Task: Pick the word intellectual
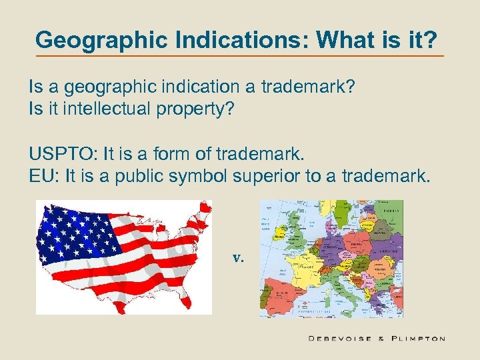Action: pyautogui.click(x=117, y=108)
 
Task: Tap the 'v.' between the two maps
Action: pyautogui.click(x=238, y=257)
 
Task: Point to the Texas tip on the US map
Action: pyautogui.click(x=119, y=307)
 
